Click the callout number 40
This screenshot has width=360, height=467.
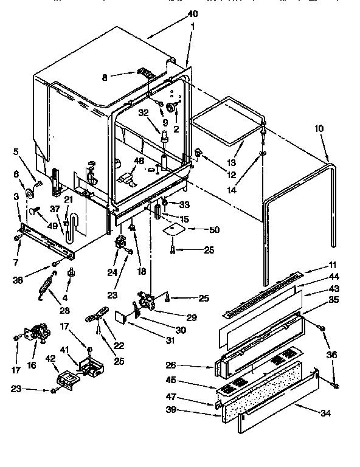click(x=193, y=14)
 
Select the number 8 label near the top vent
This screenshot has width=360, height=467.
click(x=105, y=77)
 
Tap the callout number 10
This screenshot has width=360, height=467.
click(x=319, y=129)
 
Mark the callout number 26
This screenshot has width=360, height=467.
click(x=171, y=366)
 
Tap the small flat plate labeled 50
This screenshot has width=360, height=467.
click(x=174, y=229)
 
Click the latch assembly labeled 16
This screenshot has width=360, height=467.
click(x=38, y=334)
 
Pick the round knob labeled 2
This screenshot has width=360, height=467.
click(x=172, y=108)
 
